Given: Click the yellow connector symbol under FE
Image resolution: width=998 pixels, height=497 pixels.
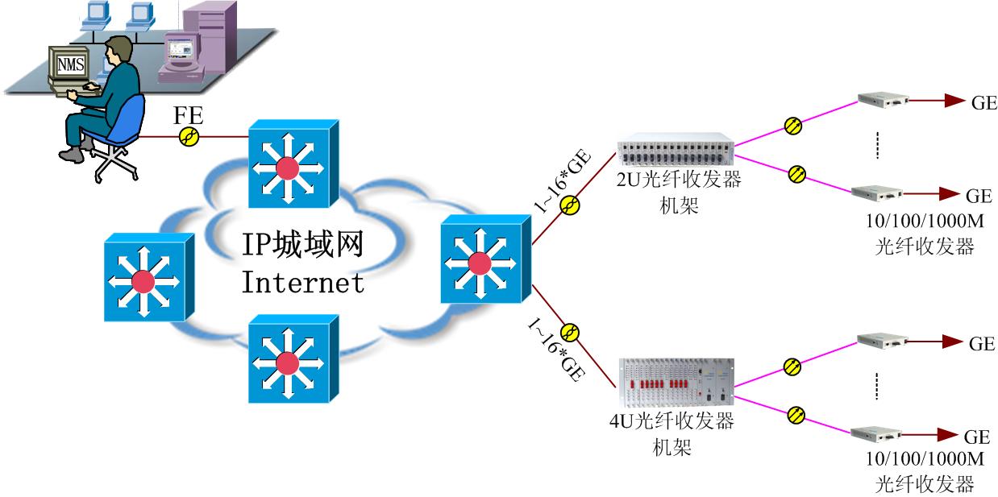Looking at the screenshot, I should pyautogui.click(x=189, y=137).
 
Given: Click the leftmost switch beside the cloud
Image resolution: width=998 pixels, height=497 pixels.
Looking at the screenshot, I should pyautogui.click(x=148, y=277).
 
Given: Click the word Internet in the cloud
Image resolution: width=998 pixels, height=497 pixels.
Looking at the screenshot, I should pyautogui.click(x=302, y=282).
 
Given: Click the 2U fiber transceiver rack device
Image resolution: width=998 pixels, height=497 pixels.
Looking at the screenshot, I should pyautogui.click(x=675, y=154).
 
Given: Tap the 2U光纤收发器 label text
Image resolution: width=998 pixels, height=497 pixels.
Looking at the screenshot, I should pyautogui.click(x=677, y=180).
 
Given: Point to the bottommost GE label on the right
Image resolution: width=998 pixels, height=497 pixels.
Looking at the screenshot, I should pyautogui.click(x=977, y=437).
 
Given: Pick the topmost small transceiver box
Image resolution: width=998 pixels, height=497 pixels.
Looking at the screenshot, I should pyautogui.click(x=883, y=100).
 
